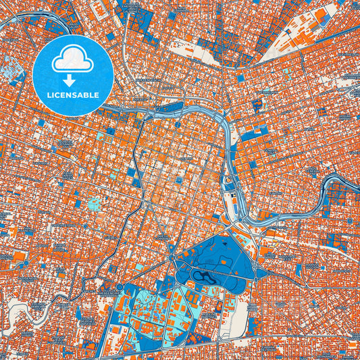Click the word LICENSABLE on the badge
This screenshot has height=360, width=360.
pyautogui.click(x=73, y=95)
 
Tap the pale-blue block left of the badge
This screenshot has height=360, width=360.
pyautogui.click(x=11, y=68)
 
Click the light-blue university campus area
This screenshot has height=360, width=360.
pyautogui.click(x=152, y=307)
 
